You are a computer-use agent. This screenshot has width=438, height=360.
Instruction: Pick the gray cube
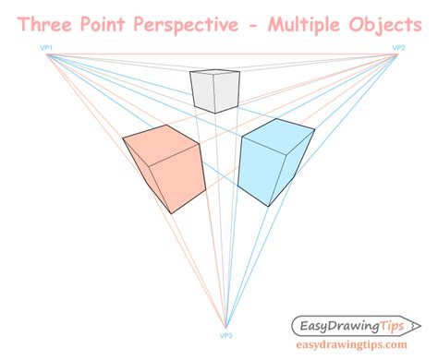209,91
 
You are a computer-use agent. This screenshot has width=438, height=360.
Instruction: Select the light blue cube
275,161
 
